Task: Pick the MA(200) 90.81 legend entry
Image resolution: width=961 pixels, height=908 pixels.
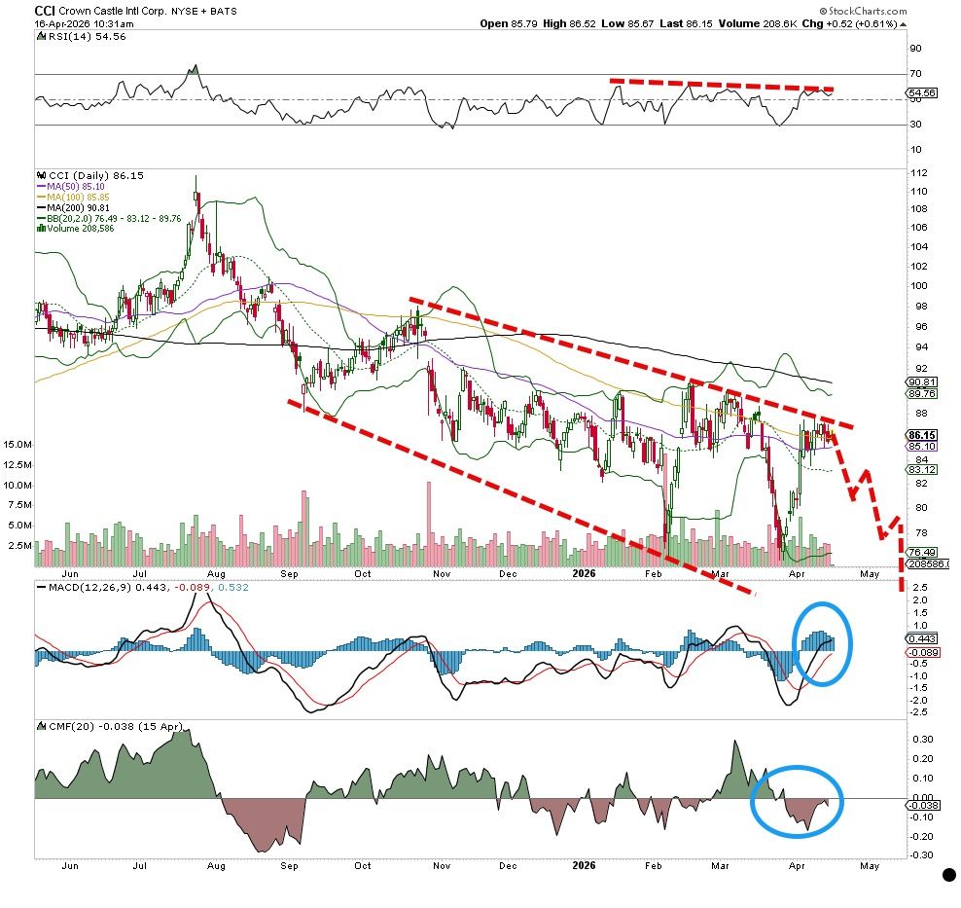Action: (74, 208)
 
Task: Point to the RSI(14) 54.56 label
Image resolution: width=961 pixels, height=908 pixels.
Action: (82, 37)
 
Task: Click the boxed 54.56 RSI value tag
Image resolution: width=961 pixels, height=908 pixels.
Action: (922, 93)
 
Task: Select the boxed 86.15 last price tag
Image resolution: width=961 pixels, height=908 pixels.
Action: (922, 435)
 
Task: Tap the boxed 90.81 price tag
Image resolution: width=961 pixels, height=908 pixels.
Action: (922, 381)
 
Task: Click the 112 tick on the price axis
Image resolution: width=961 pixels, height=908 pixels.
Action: (919, 173)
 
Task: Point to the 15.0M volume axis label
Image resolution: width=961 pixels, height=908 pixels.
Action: (18, 444)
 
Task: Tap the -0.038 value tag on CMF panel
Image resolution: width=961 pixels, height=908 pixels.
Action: (922, 806)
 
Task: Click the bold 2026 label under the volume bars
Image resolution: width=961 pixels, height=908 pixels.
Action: (584, 574)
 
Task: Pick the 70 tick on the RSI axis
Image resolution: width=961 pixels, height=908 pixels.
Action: (915, 74)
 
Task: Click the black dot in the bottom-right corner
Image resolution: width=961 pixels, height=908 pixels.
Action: (948, 875)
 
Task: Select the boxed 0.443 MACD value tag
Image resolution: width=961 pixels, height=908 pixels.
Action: (922, 638)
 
